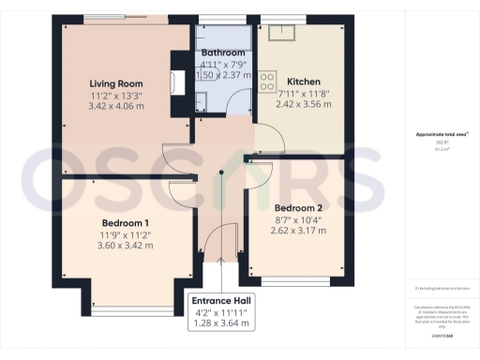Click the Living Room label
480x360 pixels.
click(x=115, y=82)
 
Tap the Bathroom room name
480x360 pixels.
click(x=223, y=52)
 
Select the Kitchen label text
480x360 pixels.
click(x=304, y=81)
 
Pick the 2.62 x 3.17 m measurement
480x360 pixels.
click(x=298, y=230)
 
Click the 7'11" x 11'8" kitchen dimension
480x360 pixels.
click(x=304, y=93)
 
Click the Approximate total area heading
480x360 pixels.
click(x=441, y=135)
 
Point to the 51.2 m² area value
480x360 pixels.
click(x=441, y=148)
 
